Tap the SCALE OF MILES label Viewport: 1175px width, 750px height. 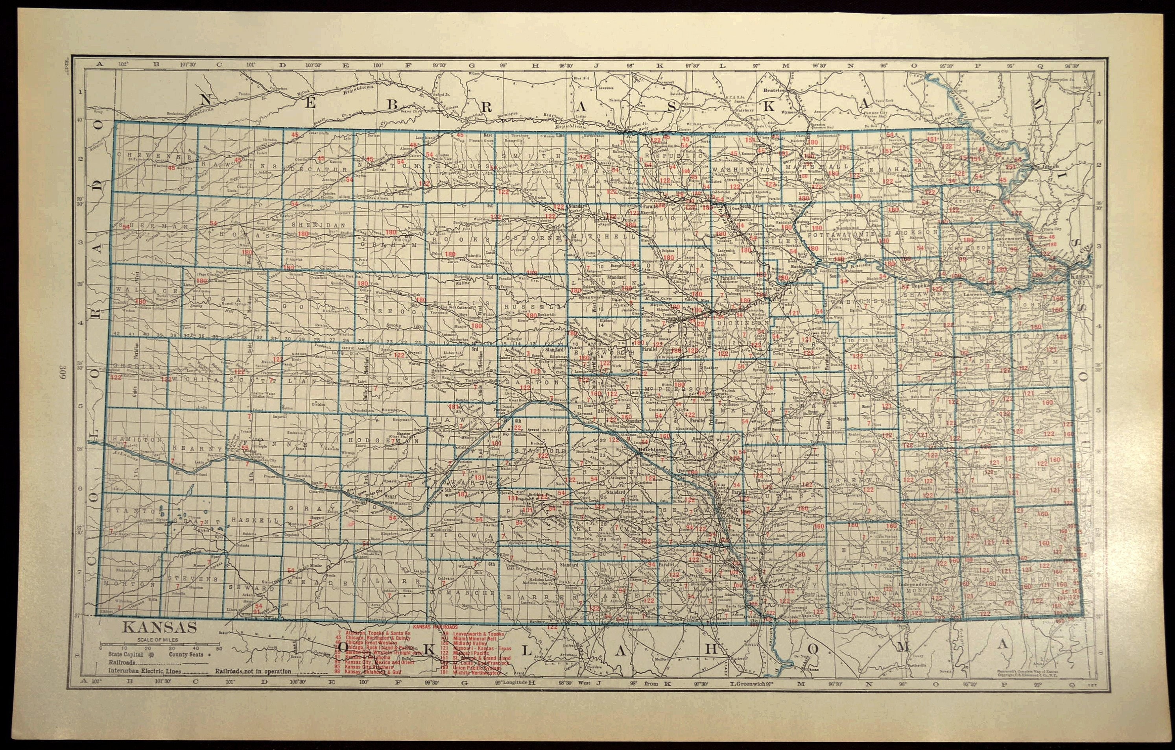click(x=158, y=640)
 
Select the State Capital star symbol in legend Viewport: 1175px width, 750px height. click(x=150, y=654)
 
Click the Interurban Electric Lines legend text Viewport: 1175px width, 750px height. click(x=145, y=671)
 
